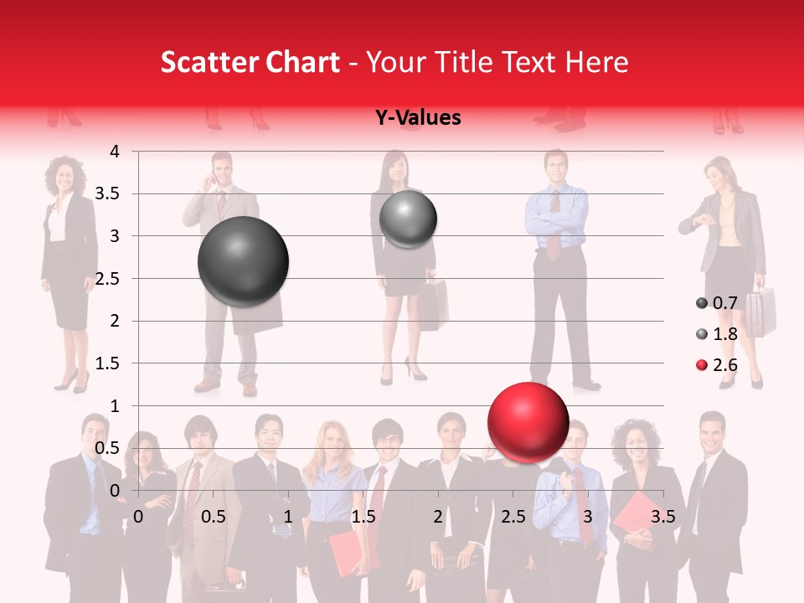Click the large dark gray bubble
[243, 261]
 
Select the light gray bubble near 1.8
[408, 219]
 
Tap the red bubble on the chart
[528, 422]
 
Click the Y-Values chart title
[417, 118]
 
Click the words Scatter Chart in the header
[250, 62]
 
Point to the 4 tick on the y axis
[115, 152]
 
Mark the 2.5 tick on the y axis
[108, 279]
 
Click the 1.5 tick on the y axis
[108, 363]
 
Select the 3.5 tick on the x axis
[662, 517]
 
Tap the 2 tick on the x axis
[438, 517]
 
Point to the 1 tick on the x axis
[288, 517]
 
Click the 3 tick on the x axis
[588, 517]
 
